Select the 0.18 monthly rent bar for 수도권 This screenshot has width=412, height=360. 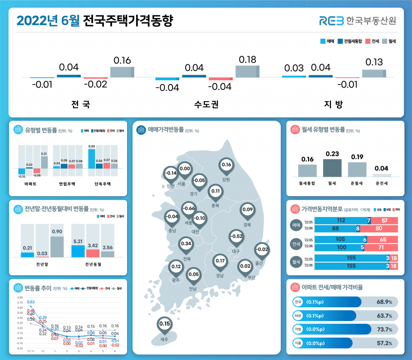point(247,71)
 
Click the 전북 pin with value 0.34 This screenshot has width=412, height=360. point(186,244)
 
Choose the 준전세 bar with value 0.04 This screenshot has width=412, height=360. point(382,175)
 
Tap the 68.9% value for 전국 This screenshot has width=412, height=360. point(384,302)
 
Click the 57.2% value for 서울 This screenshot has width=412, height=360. point(384,343)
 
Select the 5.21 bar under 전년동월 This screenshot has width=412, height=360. point(78,251)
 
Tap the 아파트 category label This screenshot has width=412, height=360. point(30,184)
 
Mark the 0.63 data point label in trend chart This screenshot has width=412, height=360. point(31,303)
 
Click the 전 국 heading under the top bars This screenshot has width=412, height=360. point(80,104)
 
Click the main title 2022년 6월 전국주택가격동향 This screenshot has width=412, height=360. point(94,21)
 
